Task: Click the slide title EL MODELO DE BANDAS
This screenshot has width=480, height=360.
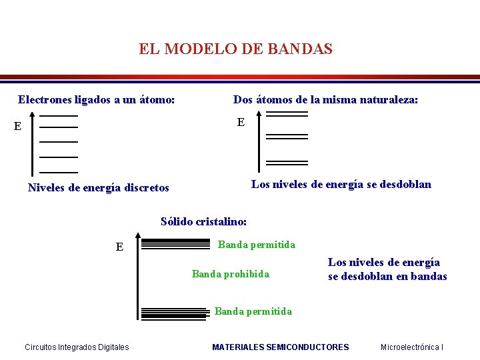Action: [x=235, y=49]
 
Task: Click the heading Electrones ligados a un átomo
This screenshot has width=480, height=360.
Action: [x=97, y=100]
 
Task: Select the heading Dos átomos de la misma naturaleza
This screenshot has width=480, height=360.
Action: [x=325, y=100]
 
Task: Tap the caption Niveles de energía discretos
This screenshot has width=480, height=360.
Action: [x=99, y=188]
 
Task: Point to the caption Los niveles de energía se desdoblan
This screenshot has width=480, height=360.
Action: [x=341, y=184]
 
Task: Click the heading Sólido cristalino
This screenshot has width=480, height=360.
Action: [x=204, y=221]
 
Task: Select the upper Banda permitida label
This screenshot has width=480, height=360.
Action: [x=257, y=245]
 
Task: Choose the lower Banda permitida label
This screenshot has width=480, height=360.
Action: [x=253, y=311]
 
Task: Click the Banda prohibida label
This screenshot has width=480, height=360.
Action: [x=231, y=274]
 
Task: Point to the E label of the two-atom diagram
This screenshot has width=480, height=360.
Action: [x=241, y=122]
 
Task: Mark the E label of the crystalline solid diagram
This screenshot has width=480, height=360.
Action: [x=119, y=247]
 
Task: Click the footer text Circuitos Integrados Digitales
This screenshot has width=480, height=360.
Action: [x=77, y=347]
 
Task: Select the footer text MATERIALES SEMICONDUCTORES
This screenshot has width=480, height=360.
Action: [x=280, y=347]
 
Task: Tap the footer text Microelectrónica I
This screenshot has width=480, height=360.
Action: [x=412, y=347]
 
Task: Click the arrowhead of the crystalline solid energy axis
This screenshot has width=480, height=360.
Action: [x=137, y=235]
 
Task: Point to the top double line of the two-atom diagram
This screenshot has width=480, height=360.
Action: [x=287, y=114]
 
